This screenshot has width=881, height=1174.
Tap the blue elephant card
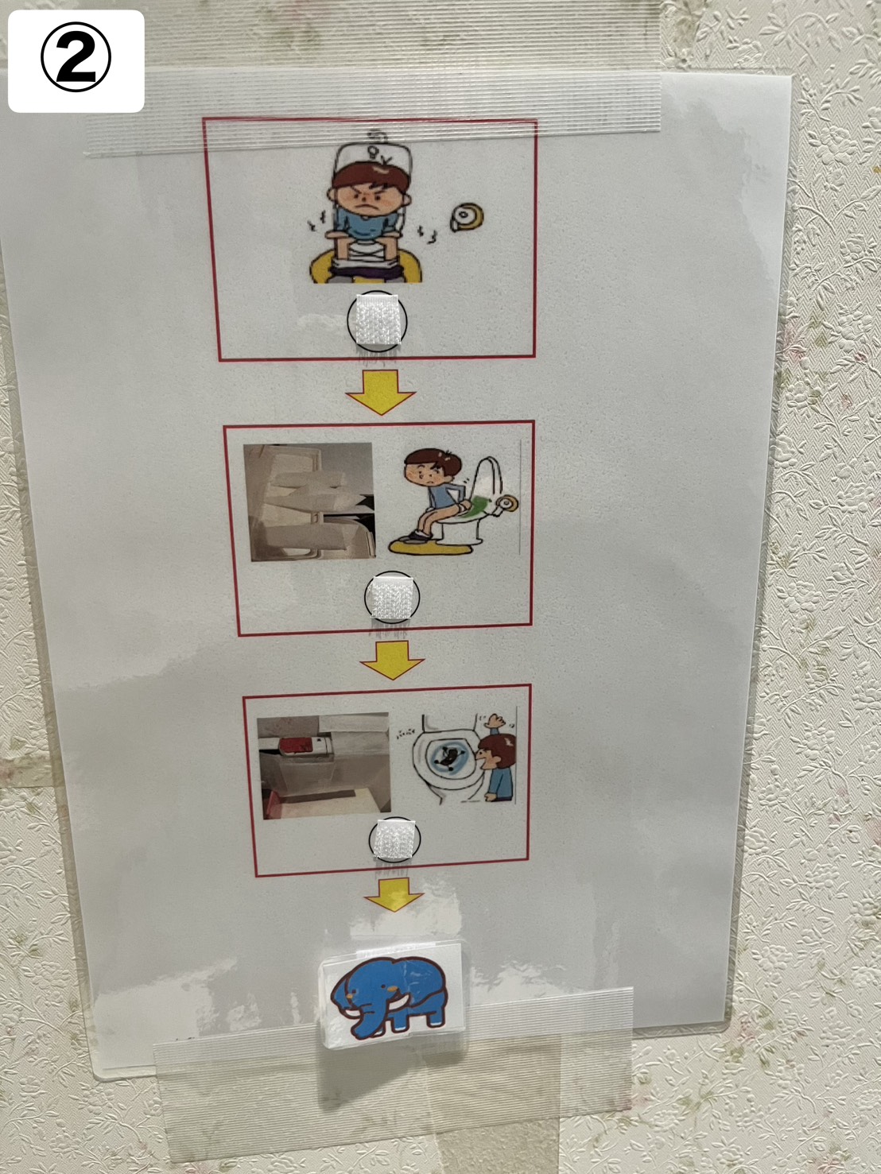391,995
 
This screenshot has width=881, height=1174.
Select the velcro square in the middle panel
392,598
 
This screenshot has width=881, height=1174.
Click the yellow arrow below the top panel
380,392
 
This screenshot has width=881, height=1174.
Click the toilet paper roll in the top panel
468,217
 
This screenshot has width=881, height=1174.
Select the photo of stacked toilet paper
309,502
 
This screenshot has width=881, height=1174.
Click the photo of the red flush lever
324,766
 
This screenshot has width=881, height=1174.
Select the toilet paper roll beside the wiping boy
506,505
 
